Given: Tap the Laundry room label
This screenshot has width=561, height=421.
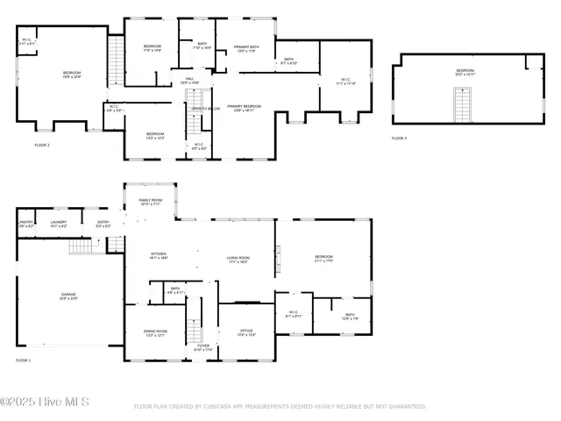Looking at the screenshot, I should [59, 224].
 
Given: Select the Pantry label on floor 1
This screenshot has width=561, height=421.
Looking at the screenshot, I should [26, 224].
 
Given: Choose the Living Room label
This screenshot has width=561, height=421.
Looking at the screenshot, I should [238, 260].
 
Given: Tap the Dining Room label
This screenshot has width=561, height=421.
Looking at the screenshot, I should [155, 332].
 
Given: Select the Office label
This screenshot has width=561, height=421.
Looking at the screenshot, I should [246, 332].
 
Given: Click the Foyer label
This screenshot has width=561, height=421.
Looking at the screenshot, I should [202, 347].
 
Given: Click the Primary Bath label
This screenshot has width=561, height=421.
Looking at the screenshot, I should [246, 48].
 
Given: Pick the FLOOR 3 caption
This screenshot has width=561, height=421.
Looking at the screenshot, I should [401, 139].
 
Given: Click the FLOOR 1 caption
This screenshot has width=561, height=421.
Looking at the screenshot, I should [23, 360].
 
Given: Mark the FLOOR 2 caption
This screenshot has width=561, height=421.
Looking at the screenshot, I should [42, 145].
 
